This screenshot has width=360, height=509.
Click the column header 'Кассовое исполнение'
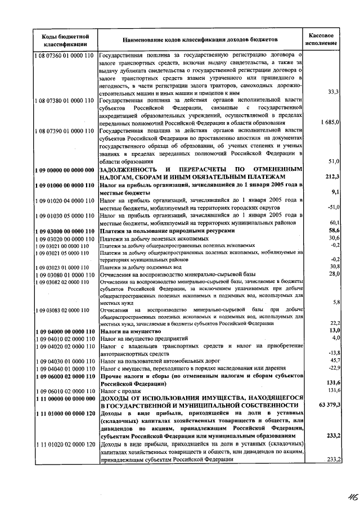[x=322, y=38]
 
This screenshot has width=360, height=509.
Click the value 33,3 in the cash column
[x=332, y=92]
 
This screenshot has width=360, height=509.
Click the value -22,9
[x=331, y=367]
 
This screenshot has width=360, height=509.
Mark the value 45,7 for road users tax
[x=332, y=360]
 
